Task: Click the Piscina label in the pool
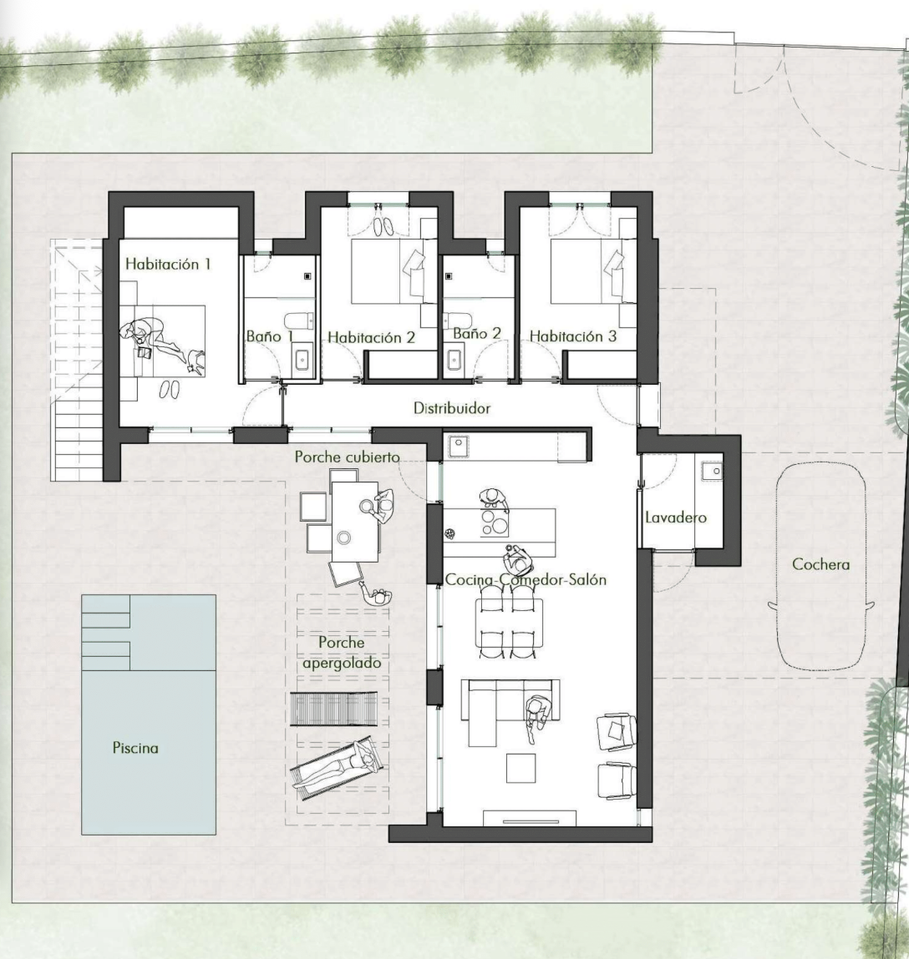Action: tap(135, 747)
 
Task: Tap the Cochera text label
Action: tap(820, 564)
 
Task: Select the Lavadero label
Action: tap(676, 517)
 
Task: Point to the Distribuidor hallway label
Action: tap(452, 408)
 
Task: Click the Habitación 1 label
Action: tap(168, 265)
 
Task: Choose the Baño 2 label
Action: tap(477, 333)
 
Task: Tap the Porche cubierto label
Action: tap(347, 457)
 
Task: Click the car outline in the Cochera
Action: tap(821, 566)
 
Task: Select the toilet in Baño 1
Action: tap(299, 321)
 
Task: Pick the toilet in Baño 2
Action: tap(457, 320)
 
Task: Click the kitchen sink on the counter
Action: tap(459, 447)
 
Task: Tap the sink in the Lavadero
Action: tap(712, 471)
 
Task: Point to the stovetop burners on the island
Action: tap(494, 523)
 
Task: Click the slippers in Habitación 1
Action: tap(170, 389)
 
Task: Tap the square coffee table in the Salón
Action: tap(521, 768)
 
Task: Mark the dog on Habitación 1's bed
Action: tap(196, 361)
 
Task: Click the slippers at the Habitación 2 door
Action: tap(384, 226)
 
